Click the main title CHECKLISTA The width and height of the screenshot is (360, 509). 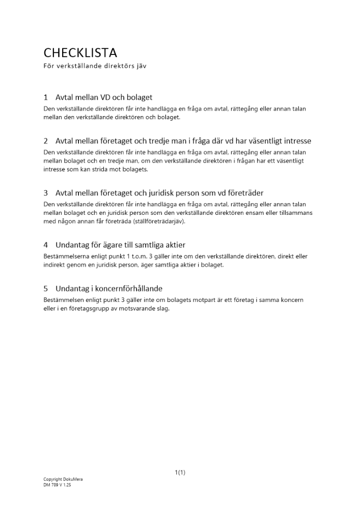[80, 52]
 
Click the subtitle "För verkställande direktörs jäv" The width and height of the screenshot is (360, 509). [95, 66]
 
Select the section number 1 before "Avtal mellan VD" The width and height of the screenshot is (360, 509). [46, 97]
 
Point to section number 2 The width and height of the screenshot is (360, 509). [46, 141]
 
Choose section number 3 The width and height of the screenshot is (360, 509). [46, 193]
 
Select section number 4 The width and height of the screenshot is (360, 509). [46, 245]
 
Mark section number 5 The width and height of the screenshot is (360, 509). [46, 289]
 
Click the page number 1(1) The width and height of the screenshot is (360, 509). [180, 473]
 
